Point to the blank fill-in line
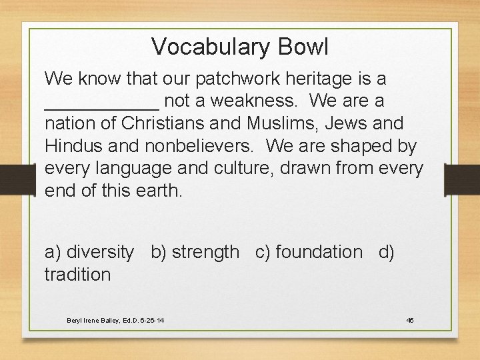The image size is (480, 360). pos(101,107)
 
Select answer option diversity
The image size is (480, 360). pos(99,252)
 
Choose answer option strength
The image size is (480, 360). pos(205,252)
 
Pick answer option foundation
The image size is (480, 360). pos(319,252)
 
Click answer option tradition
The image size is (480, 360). pos(77,274)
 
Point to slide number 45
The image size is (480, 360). pos(410,321)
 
